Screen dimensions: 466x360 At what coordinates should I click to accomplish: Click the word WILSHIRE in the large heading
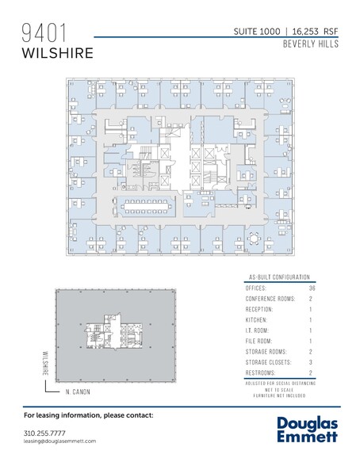[x=58, y=52]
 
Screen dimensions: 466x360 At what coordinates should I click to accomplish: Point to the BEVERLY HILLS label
[x=310, y=44]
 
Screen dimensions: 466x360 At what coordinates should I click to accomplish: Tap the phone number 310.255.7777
[x=45, y=434]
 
